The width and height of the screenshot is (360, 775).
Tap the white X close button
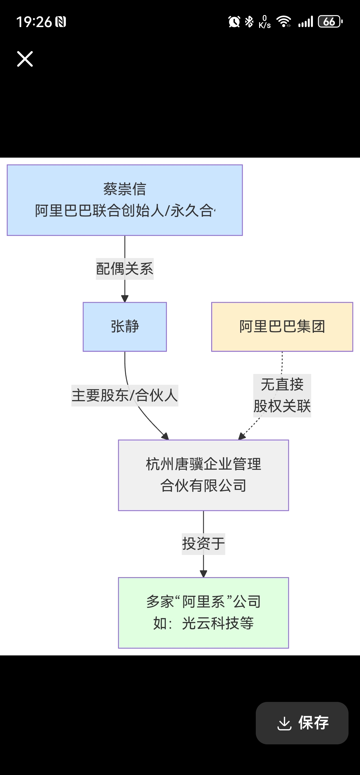(x=25, y=59)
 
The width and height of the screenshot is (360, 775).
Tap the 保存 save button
(x=302, y=723)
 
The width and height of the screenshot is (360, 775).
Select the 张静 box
(x=125, y=327)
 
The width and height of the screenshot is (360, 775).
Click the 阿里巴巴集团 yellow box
(x=282, y=327)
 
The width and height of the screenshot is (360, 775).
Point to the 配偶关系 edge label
(x=124, y=269)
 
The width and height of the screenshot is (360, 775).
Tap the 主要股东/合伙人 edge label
(x=124, y=395)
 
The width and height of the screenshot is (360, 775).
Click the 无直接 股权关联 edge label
(x=282, y=395)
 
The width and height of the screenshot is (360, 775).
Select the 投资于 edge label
(x=203, y=544)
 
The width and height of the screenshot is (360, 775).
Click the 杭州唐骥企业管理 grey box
(x=203, y=475)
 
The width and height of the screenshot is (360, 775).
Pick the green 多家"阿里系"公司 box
(x=203, y=612)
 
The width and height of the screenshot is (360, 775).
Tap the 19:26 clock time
(x=34, y=22)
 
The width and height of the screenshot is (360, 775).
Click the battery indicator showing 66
(x=330, y=22)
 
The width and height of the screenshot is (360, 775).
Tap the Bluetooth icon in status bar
(x=249, y=22)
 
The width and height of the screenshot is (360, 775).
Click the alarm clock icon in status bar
(x=234, y=22)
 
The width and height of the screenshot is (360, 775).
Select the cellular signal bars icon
(x=306, y=22)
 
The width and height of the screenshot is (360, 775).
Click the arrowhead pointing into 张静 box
(x=125, y=299)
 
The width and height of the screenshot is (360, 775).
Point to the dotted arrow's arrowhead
(x=242, y=436)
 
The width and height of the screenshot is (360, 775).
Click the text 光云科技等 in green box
(x=218, y=623)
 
